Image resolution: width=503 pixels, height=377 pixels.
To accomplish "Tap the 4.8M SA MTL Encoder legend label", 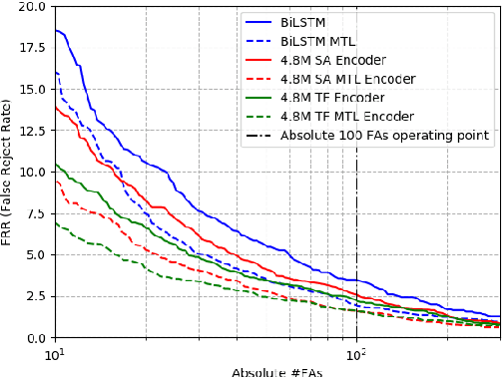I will click(x=348, y=78).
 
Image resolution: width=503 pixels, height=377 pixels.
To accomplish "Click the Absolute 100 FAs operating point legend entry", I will click(x=384, y=136).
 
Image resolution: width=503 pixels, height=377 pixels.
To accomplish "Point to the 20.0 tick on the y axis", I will click(x=31, y=6).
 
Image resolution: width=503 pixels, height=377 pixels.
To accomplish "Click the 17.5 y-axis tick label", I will click(x=31, y=47).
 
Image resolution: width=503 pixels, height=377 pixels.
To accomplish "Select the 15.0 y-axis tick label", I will click(x=31, y=89).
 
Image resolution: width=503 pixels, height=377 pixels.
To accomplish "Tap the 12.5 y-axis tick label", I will click(x=31, y=131).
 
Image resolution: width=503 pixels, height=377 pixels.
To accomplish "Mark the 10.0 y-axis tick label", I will click(x=31, y=172).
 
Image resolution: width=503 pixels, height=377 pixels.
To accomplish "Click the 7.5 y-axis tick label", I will click(x=35, y=213).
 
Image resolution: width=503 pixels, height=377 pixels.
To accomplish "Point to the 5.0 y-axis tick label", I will click(x=35, y=254).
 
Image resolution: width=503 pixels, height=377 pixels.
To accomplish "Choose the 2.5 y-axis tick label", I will click(x=35, y=296).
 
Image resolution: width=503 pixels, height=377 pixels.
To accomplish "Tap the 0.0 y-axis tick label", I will click(x=35, y=338).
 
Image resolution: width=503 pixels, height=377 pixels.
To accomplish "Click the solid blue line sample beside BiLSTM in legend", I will click(x=257, y=20).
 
